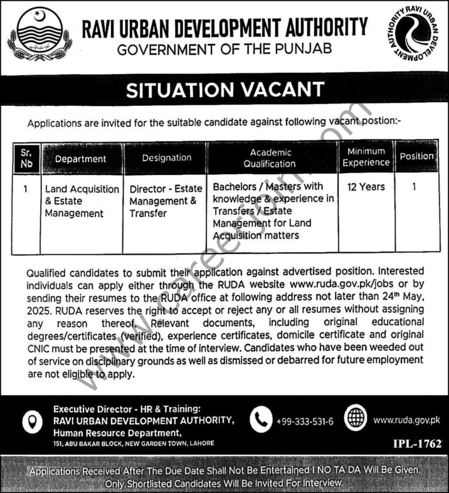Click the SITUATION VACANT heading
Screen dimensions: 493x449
[225, 90]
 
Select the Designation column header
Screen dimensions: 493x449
[167, 158]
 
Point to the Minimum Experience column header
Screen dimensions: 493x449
[366, 157]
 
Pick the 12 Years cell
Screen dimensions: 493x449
[366, 187]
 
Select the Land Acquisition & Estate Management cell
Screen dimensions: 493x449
[81, 201]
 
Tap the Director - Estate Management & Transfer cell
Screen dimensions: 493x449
[165, 201]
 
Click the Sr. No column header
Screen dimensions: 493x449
[26, 158]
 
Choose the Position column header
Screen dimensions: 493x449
[417, 157]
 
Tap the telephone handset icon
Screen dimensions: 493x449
[261, 419]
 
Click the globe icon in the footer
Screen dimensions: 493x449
[355, 419]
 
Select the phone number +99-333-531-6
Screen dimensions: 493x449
[305, 420]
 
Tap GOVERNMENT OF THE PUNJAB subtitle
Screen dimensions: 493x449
[225, 50]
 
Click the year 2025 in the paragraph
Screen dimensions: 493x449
[39, 310]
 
